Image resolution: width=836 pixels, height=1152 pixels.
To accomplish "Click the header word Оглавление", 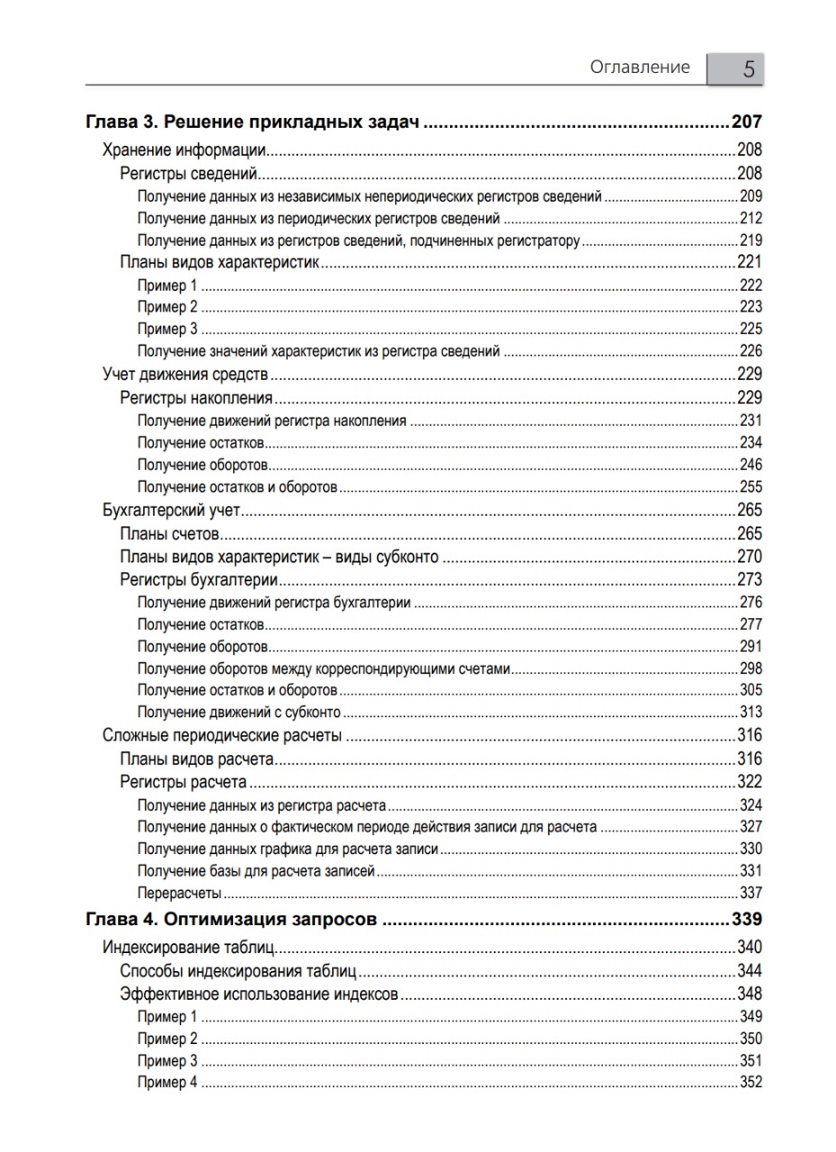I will click(x=640, y=67).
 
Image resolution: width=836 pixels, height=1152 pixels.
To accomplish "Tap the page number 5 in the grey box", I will click(x=748, y=69).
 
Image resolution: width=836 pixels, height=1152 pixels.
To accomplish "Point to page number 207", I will click(x=747, y=122).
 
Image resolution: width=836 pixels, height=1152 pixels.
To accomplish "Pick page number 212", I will click(x=751, y=219).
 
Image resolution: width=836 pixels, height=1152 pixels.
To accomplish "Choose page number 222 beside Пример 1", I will click(x=751, y=285).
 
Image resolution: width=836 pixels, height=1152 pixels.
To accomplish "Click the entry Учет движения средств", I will click(x=186, y=374).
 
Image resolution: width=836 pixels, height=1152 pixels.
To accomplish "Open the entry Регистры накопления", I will click(x=195, y=398).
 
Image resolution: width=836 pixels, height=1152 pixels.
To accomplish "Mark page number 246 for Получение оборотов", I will click(x=751, y=465).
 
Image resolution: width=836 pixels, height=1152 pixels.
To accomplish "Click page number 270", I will click(x=749, y=557).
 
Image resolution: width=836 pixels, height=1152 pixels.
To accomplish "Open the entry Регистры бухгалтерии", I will click(x=198, y=580).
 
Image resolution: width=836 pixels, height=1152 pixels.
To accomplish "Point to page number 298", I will click(x=751, y=669).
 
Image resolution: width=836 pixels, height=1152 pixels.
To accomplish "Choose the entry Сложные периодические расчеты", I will click(x=221, y=735).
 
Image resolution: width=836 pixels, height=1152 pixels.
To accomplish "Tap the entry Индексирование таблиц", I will click(x=188, y=948).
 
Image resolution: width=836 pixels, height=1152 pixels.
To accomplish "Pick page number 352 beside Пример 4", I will click(x=751, y=1083).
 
